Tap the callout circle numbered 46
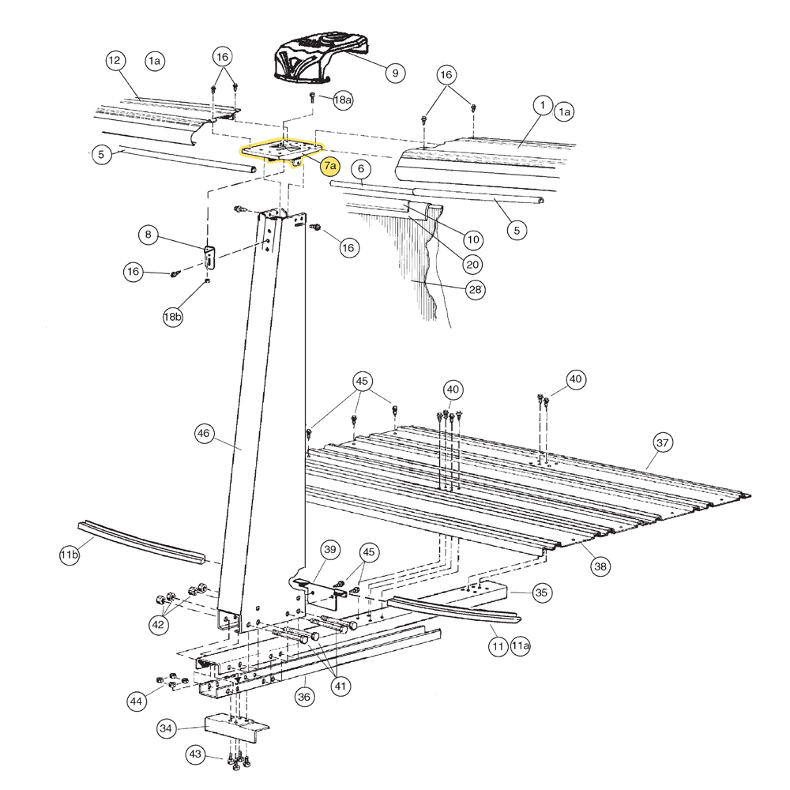pyautogui.click(x=204, y=433)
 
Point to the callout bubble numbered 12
pyautogui.click(x=115, y=60)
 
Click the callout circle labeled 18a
pyautogui.click(x=343, y=100)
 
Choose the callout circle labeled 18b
pyautogui.click(x=172, y=317)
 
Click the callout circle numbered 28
pyautogui.click(x=475, y=290)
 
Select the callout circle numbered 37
pyautogui.click(x=663, y=443)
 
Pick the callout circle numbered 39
pyautogui.click(x=329, y=550)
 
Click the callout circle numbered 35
pyautogui.click(x=541, y=592)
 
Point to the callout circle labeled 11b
pyautogui.click(x=70, y=556)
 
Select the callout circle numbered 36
pyautogui.click(x=305, y=697)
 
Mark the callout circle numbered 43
pyautogui.click(x=194, y=754)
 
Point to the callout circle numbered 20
pyautogui.click(x=472, y=264)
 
